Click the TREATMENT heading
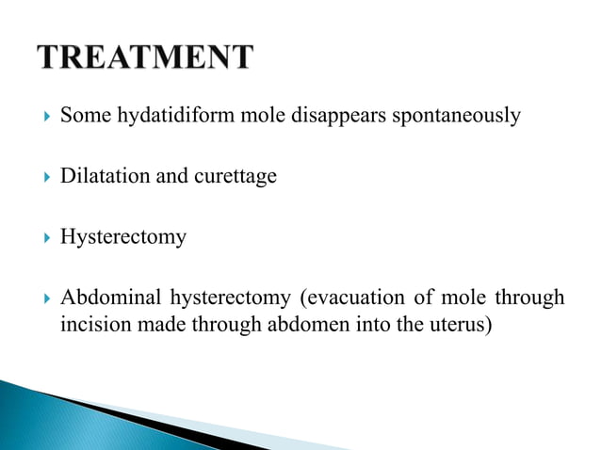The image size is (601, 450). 146,57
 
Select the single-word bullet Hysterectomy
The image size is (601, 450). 122,235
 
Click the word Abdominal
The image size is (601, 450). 110,297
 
